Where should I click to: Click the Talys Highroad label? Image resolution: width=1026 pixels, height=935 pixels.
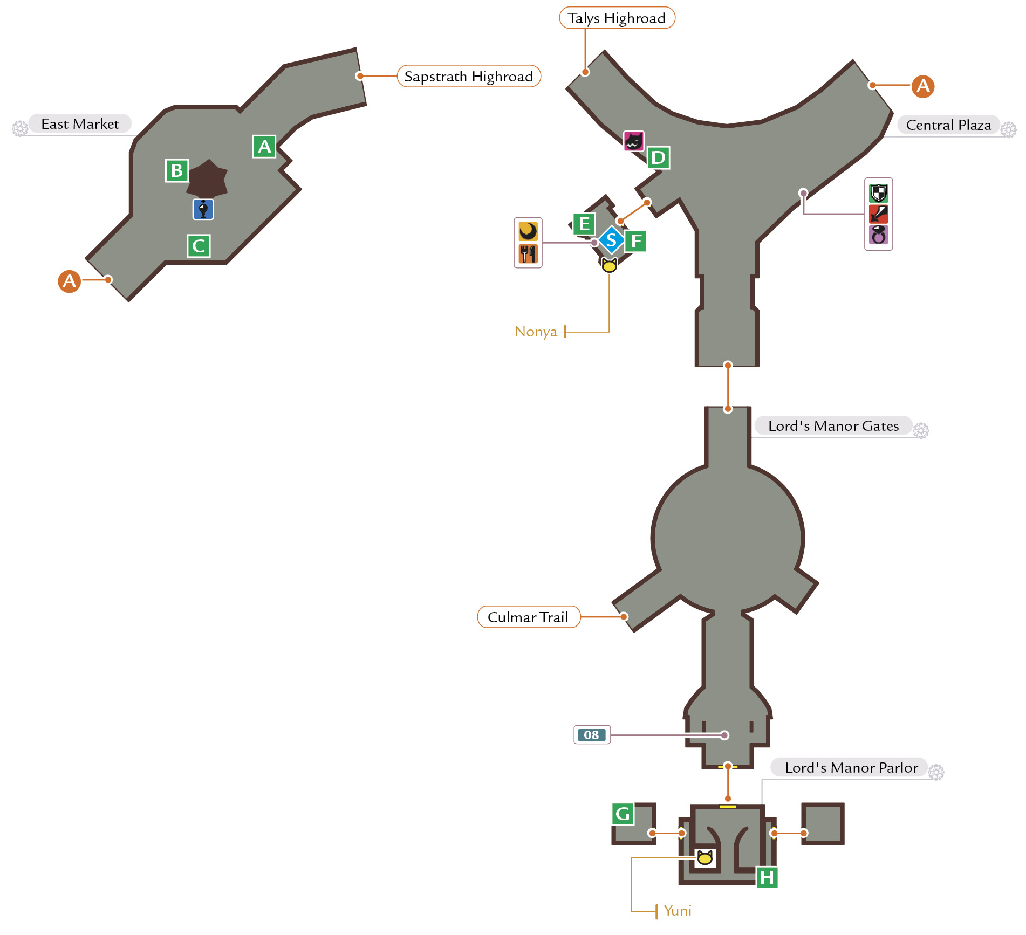point(617,18)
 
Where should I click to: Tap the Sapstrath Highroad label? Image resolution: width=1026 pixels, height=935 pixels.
point(469,76)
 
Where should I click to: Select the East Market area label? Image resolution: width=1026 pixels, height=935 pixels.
point(80,123)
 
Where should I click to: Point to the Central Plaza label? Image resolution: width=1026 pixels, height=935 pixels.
point(948,125)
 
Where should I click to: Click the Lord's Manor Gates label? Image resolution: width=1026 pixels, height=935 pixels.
point(833,425)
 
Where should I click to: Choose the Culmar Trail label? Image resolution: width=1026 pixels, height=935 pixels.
point(529,617)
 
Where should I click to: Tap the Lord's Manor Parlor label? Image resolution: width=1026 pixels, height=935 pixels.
point(851,767)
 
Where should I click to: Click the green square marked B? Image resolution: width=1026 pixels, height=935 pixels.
point(177,170)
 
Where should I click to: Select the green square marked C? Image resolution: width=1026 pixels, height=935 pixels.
point(199,246)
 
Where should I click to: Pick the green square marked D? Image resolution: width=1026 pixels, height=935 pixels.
point(658,158)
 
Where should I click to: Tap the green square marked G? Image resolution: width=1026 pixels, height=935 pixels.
point(623,814)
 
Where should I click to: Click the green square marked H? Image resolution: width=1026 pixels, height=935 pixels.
point(767,877)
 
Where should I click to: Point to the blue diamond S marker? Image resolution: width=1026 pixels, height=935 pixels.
point(611,240)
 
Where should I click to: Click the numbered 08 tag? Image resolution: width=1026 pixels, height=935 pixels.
point(592,734)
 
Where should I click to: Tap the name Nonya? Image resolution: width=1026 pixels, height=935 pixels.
point(536,331)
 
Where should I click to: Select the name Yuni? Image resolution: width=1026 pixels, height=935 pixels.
point(678,911)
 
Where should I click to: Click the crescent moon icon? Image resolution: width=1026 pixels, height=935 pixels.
point(528,231)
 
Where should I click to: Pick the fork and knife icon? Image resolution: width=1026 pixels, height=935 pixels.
point(528,254)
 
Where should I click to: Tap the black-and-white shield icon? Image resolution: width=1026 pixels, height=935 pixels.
point(879,192)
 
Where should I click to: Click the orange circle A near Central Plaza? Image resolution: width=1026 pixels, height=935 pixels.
point(923,86)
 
